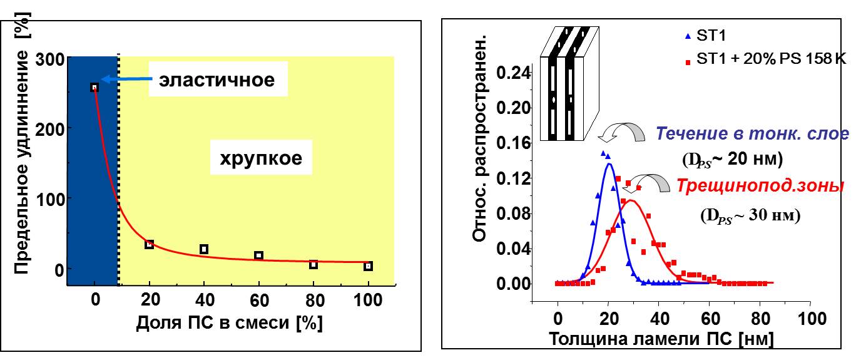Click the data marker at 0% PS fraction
(94, 88)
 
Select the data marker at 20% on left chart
(149, 244)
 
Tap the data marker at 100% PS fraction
(368, 266)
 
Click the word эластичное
(217, 81)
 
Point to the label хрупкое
(261, 158)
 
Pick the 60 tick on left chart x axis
(258, 300)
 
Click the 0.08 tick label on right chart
(514, 214)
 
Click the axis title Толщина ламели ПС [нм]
(661, 339)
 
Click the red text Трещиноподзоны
(761, 187)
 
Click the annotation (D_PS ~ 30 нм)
(750, 215)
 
